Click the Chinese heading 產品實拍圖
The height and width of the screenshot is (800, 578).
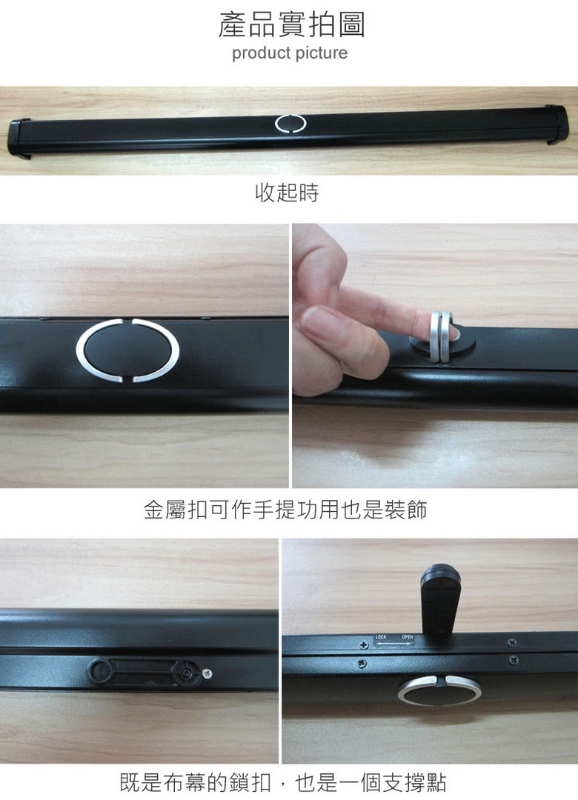click(291, 24)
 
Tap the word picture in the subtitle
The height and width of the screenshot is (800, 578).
click(320, 53)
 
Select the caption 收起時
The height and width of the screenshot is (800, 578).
click(287, 193)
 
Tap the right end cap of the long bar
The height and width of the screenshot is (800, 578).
click(557, 124)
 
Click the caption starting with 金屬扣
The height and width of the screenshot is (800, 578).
click(285, 510)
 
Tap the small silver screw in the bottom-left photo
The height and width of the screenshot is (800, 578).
click(207, 674)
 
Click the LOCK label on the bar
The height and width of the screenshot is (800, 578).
click(381, 637)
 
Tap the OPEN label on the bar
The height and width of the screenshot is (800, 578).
click(407, 637)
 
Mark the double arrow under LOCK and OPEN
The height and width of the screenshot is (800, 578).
click(393, 644)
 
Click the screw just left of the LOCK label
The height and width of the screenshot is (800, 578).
click(364, 645)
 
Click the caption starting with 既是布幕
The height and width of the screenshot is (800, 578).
click(283, 783)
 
